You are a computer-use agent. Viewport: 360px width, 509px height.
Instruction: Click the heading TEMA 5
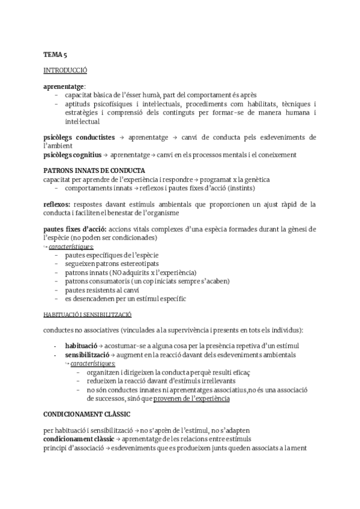click(x=55, y=55)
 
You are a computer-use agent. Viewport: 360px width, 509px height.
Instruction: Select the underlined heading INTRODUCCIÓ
click(x=65, y=70)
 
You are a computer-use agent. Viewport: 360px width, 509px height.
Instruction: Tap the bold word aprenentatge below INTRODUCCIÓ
click(x=64, y=86)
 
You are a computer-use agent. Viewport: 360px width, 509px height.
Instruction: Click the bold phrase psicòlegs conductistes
click(x=79, y=137)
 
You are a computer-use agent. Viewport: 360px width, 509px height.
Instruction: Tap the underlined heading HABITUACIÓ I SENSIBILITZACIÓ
click(x=88, y=315)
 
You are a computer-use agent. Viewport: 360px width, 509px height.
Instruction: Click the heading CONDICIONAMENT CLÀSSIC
click(x=87, y=398)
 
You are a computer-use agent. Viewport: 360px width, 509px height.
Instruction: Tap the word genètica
click(x=255, y=179)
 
